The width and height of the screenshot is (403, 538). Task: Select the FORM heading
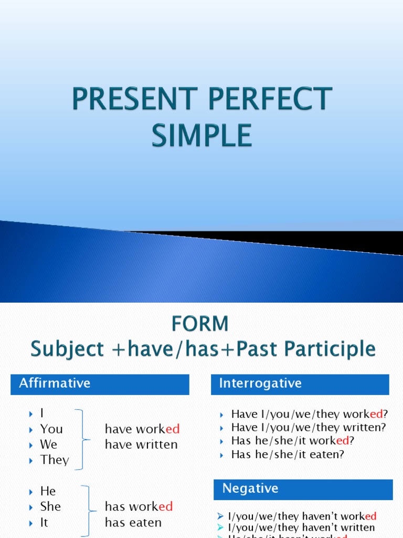[x=200, y=323]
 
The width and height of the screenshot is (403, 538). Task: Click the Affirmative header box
[x=100, y=384]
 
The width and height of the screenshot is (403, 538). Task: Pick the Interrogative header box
[x=300, y=384]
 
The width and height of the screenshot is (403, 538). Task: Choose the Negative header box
[x=303, y=489]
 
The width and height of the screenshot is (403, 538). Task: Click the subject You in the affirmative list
[x=51, y=429]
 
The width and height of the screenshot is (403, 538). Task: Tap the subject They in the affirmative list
[x=54, y=460]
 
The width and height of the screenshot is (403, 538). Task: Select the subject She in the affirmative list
[x=50, y=506]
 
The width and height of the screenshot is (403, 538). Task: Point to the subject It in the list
[x=44, y=522]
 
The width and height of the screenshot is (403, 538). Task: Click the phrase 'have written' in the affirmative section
[x=141, y=444]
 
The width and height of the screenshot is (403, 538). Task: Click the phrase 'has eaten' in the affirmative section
[x=133, y=522]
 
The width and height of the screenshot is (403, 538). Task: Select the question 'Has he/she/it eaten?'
[x=288, y=455]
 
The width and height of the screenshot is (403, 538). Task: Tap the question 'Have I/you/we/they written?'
[x=308, y=428]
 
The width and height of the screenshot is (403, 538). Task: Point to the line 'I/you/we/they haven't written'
[x=301, y=527]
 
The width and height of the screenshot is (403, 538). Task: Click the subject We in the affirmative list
[x=48, y=444]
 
